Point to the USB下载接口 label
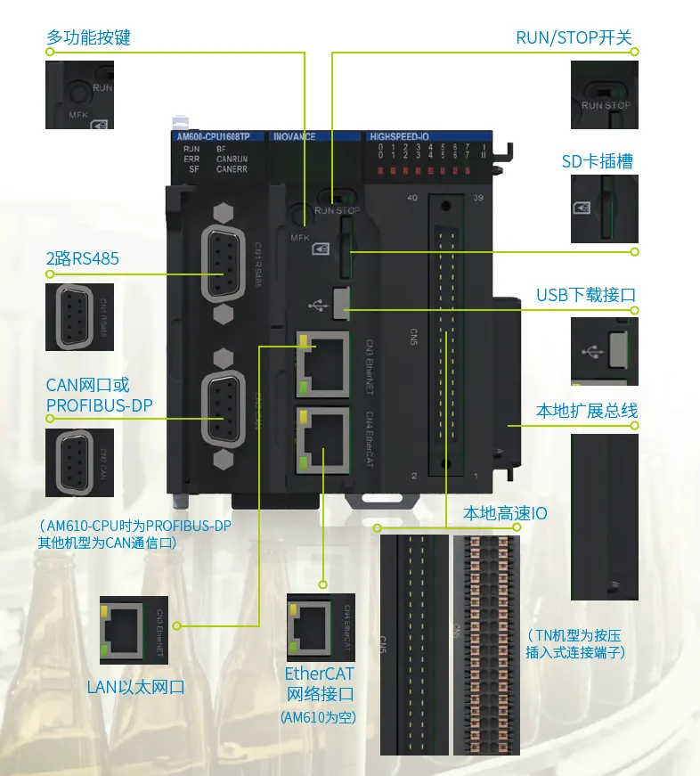586,295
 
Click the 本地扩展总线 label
586,411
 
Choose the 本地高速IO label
505,513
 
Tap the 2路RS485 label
82,259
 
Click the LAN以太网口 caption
135,687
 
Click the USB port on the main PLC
340,302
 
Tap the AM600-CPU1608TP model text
219,137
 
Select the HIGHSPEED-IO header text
405,137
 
